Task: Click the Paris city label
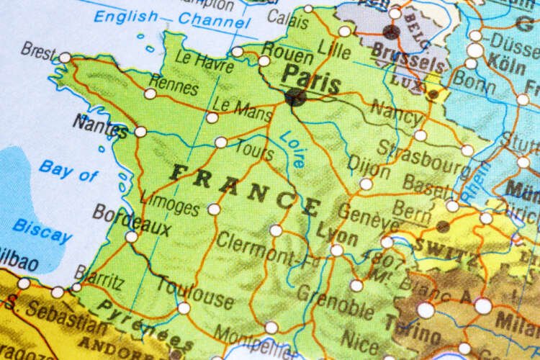click(x=310, y=77)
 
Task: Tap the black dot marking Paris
click(x=294, y=97)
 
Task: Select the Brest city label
click(x=37, y=50)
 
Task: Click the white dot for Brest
click(x=65, y=57)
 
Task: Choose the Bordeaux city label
click(x=131, y=220)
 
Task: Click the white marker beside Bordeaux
click(x=131, y=236)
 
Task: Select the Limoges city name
click(x=169, y=202)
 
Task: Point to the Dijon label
click(x=369, y=165)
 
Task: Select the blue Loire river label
click(x=292, y=148)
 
